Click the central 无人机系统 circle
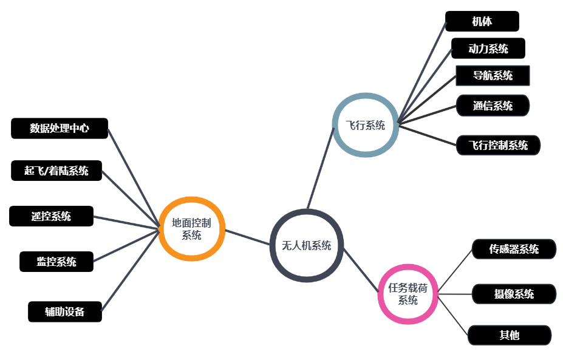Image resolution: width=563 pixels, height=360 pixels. click(307, 245)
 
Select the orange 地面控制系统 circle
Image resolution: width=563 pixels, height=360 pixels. click(192, 229)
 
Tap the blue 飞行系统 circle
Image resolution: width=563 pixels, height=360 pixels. click(366, 126)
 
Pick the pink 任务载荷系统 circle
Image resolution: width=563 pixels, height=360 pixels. click(408, 294)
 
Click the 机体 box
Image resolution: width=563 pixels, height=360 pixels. click(482, 21)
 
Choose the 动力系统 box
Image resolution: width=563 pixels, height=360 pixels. click(488, 49)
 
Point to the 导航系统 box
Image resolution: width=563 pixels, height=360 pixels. click(493, 76)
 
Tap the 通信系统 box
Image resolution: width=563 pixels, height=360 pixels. click(493, 106)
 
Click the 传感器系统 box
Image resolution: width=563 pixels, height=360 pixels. click(514, 249)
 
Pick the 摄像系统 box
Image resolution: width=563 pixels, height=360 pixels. click(514, 294)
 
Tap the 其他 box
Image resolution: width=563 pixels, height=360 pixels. click(509, 335)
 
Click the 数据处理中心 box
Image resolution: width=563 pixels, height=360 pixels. click(60, 129)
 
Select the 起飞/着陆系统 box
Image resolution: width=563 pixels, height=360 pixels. click(56, 171)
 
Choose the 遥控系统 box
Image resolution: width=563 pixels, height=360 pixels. click(51, 216)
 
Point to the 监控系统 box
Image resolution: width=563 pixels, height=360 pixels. click(56, 262)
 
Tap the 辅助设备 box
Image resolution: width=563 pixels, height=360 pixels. click(64, 312)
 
